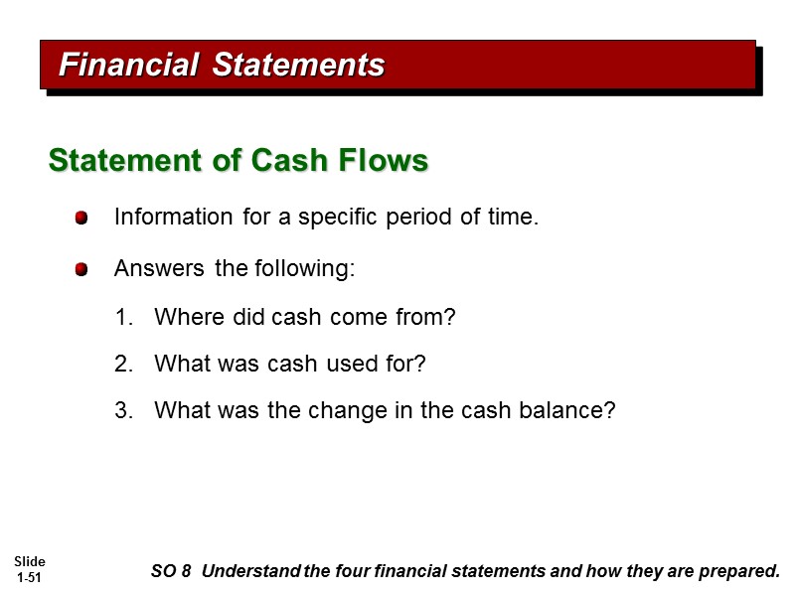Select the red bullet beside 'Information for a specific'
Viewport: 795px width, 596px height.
coord(81,218)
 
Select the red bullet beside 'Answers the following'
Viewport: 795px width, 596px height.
coord(81,270)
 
